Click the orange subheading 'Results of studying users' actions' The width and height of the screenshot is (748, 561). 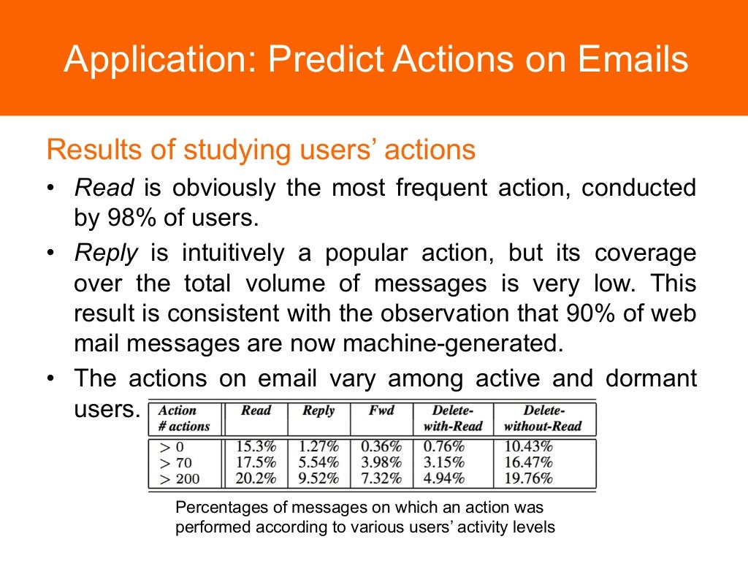pos(261,150)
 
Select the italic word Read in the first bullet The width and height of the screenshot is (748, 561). pos(104,188)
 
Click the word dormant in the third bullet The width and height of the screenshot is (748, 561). pos(651,379)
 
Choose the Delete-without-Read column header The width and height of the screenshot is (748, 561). pos(544,418)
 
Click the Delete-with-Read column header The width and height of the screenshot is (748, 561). pos(453,418)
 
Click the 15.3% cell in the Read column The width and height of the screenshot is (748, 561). pos(256,446)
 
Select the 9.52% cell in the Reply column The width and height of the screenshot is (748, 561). pos(319,478)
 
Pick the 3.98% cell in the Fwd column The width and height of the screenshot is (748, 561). pos(382,462)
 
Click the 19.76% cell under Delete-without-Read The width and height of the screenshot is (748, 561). pos(528,478)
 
